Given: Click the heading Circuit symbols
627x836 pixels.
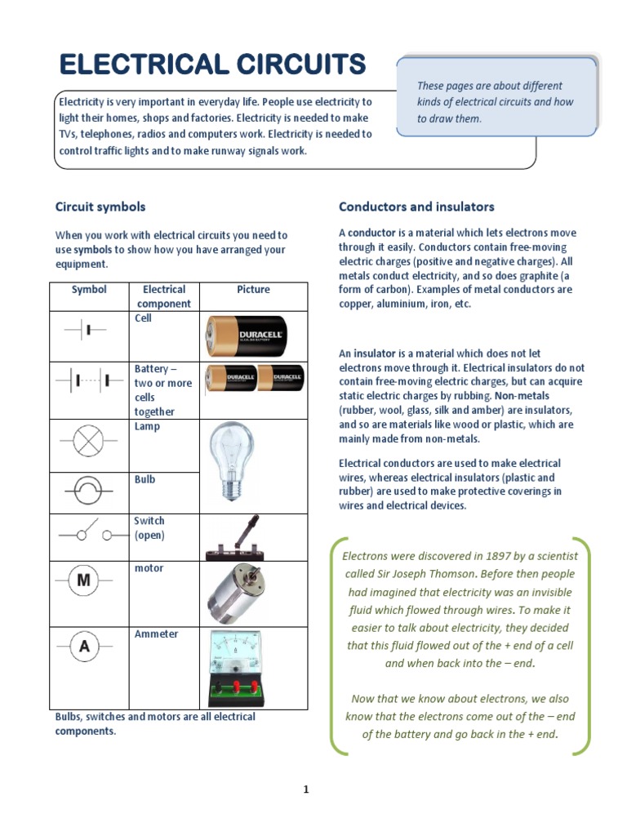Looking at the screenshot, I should point(100,207).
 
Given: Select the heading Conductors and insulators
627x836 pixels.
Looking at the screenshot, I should point(416,207).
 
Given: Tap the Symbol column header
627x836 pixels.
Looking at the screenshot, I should point(89,290).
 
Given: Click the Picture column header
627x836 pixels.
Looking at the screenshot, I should point(253,290).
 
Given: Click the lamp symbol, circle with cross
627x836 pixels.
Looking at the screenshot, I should point(86,442).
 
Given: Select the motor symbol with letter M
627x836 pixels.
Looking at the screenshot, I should point(84,580).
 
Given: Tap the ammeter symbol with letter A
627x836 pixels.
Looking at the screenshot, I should point(84,647).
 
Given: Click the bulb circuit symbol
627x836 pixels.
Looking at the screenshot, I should point(86,492).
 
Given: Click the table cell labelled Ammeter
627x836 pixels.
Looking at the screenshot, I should point(156,634).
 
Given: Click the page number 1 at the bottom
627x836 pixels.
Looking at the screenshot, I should point(306,789).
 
